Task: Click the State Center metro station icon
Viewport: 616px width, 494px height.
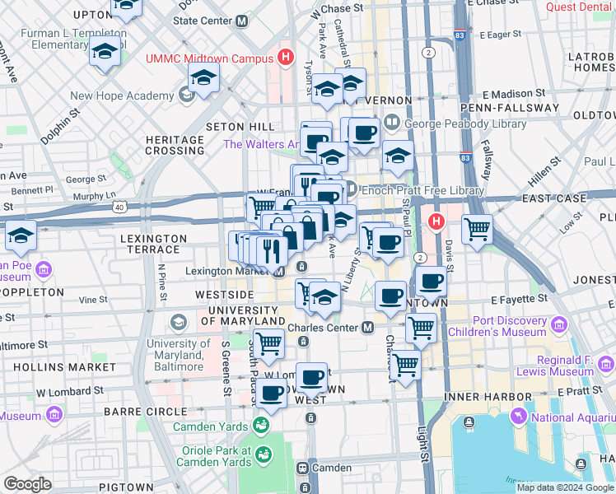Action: tap(241, 21)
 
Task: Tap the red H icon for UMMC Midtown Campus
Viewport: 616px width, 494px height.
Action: tap(286, 58)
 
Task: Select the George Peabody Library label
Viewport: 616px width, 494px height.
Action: tap(465, 123)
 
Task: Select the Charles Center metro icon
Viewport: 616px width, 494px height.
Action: tap(368, 328)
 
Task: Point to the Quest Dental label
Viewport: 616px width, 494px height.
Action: tap(579, 7)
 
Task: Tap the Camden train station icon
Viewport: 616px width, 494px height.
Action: tap(303, 468)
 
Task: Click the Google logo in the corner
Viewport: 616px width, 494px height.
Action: tap(27, 484)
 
